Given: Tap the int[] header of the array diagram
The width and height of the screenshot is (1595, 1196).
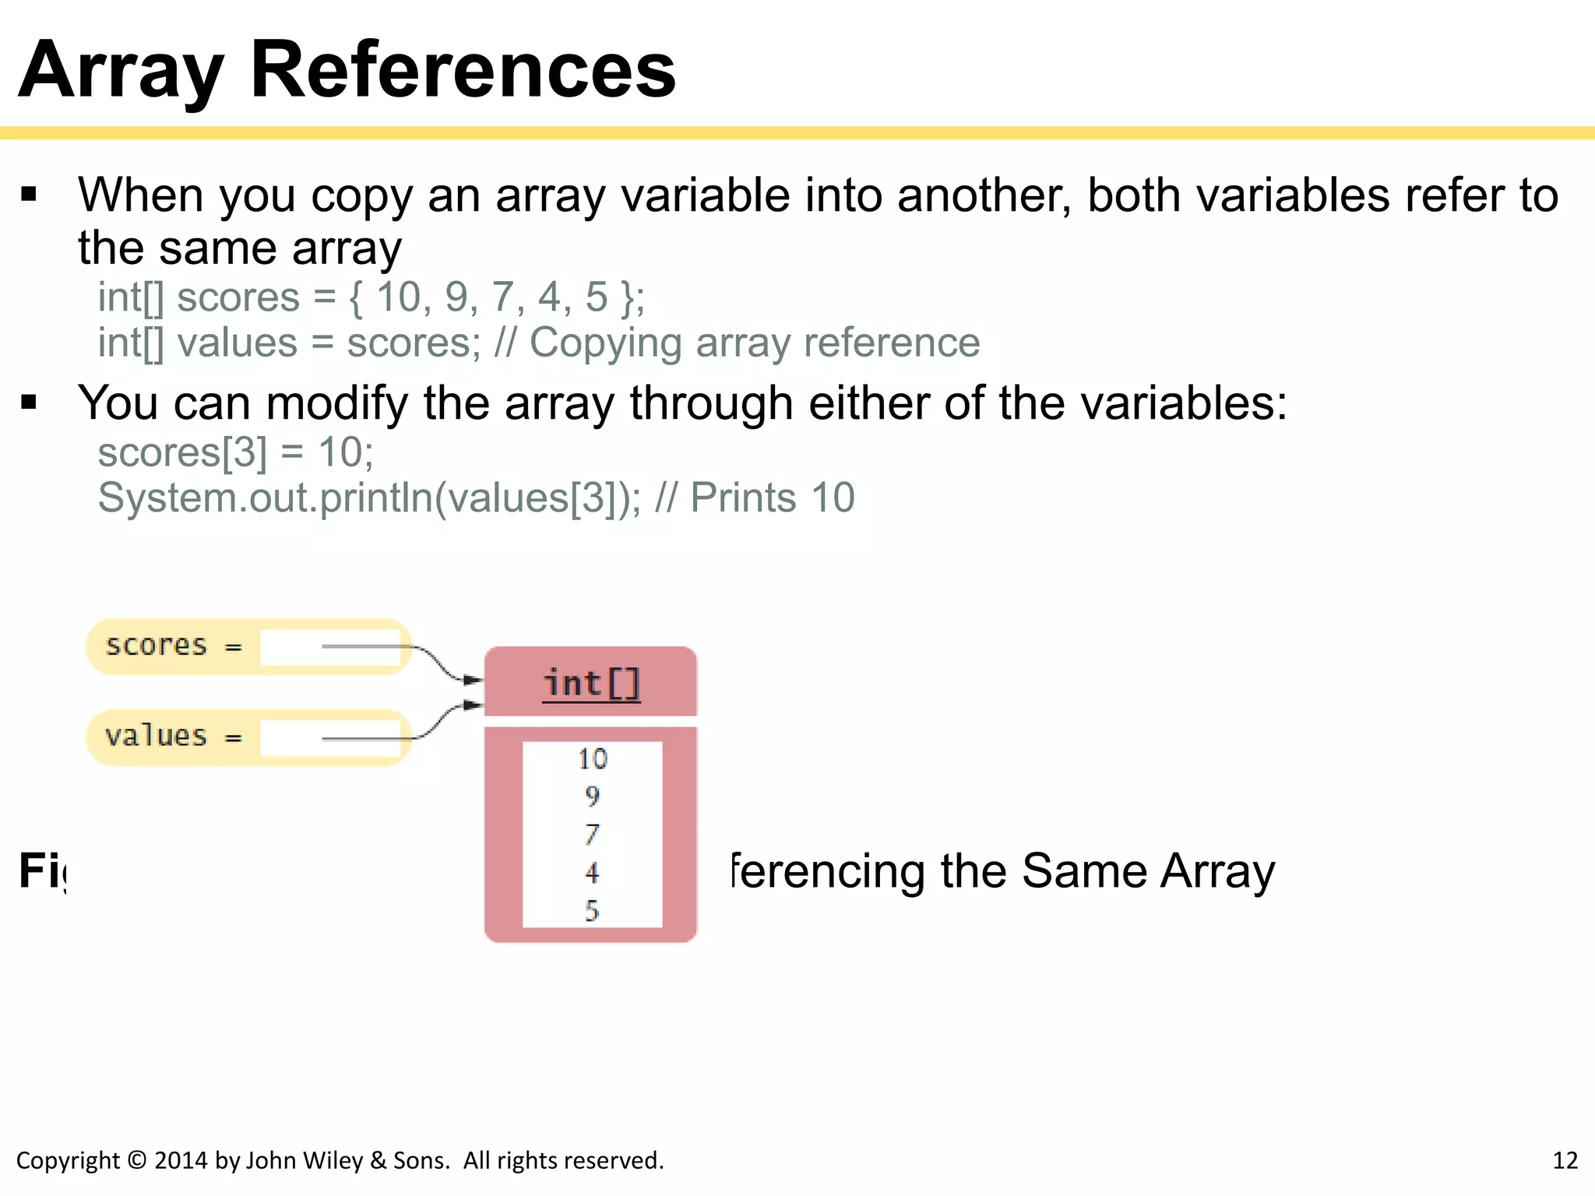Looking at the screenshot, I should click(591, 684).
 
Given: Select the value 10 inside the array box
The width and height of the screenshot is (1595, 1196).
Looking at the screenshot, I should click(593, 759).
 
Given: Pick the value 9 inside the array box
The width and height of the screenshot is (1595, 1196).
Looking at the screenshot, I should click(593, 797).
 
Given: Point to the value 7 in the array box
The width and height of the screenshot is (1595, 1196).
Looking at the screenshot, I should click(593, 835).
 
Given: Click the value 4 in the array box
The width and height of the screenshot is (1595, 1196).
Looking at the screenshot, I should click(593, 873).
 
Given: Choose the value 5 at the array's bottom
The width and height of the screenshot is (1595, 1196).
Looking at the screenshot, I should click(593, 911).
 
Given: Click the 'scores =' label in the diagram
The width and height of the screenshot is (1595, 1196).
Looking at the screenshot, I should click(173, 646).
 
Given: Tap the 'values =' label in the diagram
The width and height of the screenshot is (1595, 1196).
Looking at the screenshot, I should click(173, 737).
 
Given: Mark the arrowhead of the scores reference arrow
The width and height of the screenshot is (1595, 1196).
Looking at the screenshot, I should click(473, 680).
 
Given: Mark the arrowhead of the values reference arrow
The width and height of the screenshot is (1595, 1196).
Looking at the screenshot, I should click(473, 705).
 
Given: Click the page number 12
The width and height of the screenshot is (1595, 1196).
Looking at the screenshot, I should click(1565, 1161).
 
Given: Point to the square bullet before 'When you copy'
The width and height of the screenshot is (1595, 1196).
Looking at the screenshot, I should click(30, 195).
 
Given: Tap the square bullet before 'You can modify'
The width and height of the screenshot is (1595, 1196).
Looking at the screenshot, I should click(30, 403).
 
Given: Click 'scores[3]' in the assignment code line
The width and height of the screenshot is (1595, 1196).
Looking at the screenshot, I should click(181, 452).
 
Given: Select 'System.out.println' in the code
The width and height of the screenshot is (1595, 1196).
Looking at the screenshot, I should click(265, 498).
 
